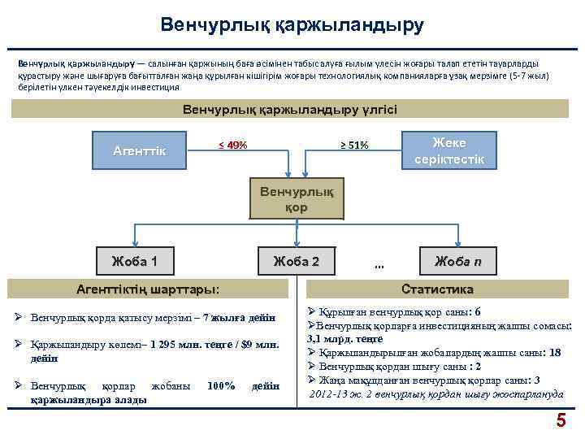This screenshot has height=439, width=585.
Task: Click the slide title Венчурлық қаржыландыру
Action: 292,25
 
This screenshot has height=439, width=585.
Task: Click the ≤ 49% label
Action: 233,145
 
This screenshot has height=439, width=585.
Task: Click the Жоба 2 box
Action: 297,261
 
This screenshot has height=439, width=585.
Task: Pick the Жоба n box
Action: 457,261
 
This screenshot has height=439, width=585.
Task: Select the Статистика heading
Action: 438,289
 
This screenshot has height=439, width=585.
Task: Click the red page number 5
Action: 560,420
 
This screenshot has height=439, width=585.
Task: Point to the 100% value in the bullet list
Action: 221,385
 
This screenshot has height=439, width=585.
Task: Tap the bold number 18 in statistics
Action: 555,352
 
